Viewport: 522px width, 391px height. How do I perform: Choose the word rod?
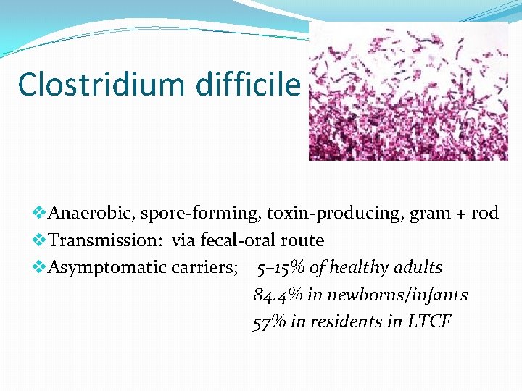point(485,213)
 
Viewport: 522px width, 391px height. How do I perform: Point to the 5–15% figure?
point(281,268)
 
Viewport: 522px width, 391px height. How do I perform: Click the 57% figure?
point(270,321)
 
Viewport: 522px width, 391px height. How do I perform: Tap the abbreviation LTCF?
point(428,321)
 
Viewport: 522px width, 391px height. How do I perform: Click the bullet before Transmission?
point(40,240)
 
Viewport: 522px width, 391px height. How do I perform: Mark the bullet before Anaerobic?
point(40,213)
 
